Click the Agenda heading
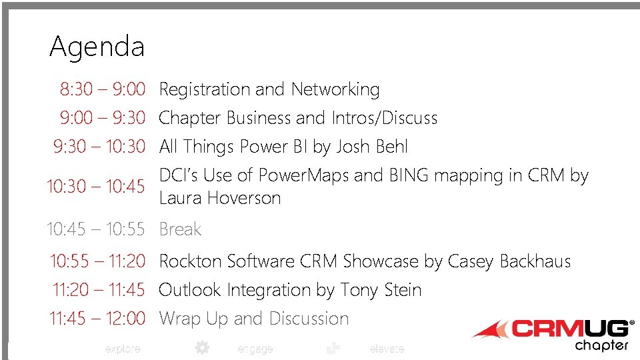[x=97, y=47]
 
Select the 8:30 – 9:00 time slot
[x=102, y=89]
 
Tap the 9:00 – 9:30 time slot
[x=102, y=118]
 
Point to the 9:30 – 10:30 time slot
[x=99, y=147]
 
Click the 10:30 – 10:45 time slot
[x=95, y=187]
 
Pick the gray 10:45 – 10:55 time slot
[x=95, y=229]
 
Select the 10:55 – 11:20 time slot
[x=97, y=261]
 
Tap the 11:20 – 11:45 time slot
[x=99, y=290]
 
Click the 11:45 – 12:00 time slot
[x=97, y=319]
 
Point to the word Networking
[x=335, y=89]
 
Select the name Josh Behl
[x=372, y=147]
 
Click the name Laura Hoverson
[x=220, y=198]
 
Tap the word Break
[x=180, y=229]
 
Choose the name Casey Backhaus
[x=509, y=261]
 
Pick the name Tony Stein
[x=381, y=290]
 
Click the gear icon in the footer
[x=201, y=347]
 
